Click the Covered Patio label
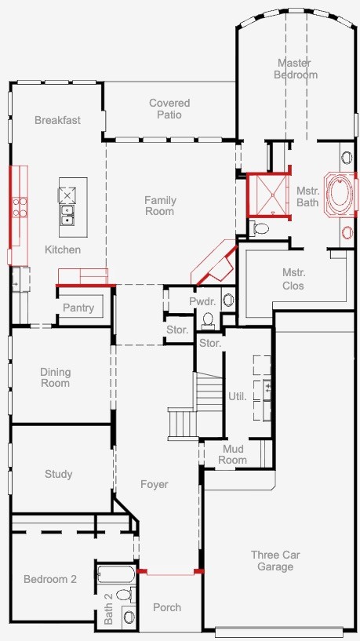pyautogui.click(x=169, y=109)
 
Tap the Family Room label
pyautogui.click(x=160, y=206)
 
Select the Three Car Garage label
pyautogui.click(x=275, y=560)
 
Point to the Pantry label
pyautogui.click(x=78, y=308)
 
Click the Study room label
pyautogui.click(x=59, y=474)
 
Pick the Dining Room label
pyautogui.click(x=55, y=377)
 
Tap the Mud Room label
pyautogui.click(x=232, y=454)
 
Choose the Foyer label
pyautogui.click(x=155, y=484)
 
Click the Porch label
pyautogui.click(x=167, y=607)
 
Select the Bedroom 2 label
pyautogui.click(x=50, y=579)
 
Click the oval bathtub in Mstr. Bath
pyautogui.click(x=340, y=195)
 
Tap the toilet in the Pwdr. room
pyautogui.click(x=208, y=320)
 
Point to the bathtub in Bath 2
pyautogui.click(x=116, y=575)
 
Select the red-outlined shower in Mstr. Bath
pyautogui.click(x=268, y=195)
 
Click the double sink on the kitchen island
pyautogui.click(x=67, y=215)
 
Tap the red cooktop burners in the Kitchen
pyautogui.click(x=20, y=207)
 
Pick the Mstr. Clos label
pyautogui.click(x=293, y=279)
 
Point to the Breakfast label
pyautogui.click(x=57, y=120)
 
